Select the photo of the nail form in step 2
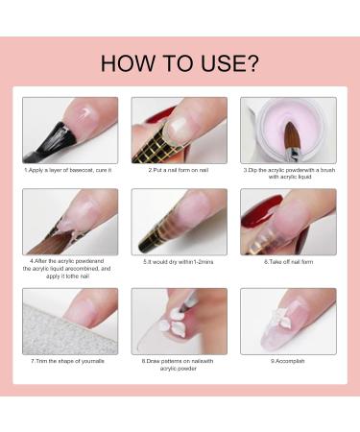click(x=179, y=130)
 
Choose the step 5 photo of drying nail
click(x=179, y=221)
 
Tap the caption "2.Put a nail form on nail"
click(x=179, y=170)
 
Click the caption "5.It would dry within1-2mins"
click(x=179, y=260)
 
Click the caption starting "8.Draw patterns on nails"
click(x=179, y=365)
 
